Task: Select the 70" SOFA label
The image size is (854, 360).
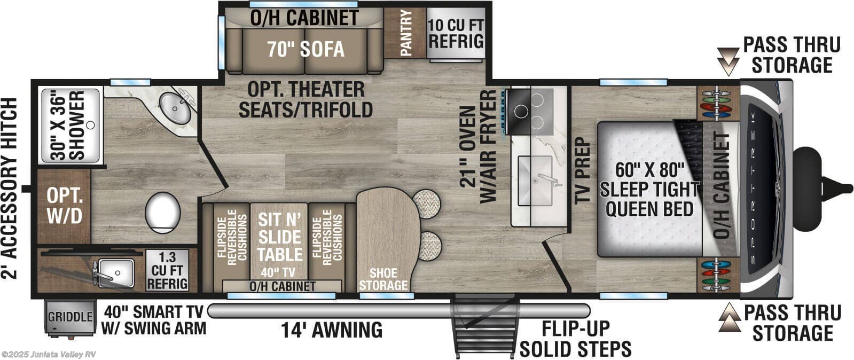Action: click(x=305, y=49)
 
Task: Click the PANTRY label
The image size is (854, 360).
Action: click(x=405, y=33)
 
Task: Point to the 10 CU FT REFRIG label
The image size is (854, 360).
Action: click(x=456, y=33)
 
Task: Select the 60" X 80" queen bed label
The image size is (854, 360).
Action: click(x=649, y=189)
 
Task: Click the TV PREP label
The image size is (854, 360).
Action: click(x=581, y=170)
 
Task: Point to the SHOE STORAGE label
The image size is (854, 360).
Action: click(x=383, y=279)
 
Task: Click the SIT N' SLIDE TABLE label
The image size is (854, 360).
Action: click(x=279, y=238)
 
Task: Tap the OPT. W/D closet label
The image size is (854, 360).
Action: click(x=64, y=206)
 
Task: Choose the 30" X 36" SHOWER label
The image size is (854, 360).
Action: click(x=69, y=126)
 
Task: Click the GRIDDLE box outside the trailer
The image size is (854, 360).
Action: click(x=70, y=317)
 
